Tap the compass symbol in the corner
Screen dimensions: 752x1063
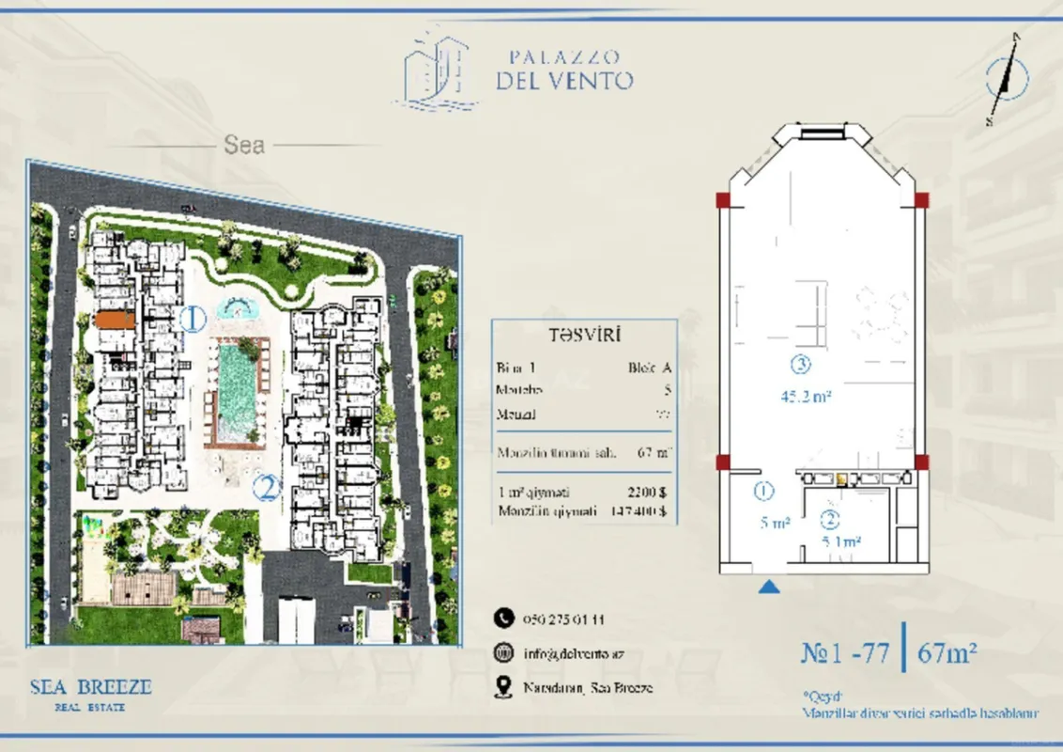(1006, 78)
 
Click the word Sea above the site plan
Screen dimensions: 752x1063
(244, 146)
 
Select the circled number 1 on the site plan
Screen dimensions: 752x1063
(193, 320)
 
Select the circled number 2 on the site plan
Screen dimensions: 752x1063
(267, 488)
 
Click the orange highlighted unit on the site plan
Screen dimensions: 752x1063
(115, 321)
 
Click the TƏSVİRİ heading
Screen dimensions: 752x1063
(582, 335)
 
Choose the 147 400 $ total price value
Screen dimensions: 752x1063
(638, 511)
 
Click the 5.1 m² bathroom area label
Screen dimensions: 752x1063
(841, 541)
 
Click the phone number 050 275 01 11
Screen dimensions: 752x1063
(563, 619)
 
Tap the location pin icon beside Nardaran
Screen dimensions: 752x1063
(503, 687)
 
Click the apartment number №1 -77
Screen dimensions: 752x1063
(843, 652)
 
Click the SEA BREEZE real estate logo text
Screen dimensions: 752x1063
(90, 687)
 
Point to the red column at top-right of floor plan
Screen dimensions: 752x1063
(922, 199)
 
